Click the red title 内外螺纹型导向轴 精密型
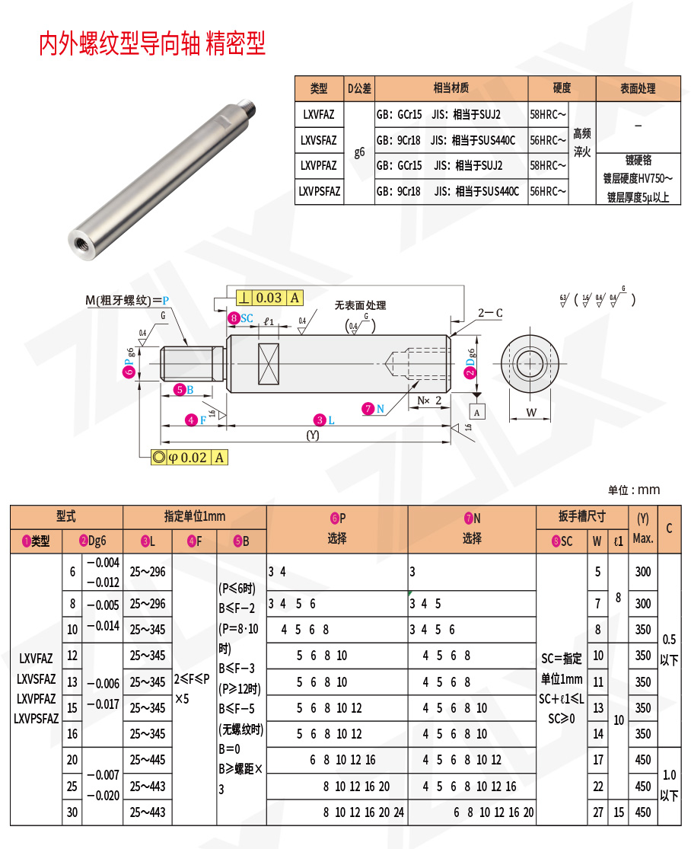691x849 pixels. [x=152, y=43]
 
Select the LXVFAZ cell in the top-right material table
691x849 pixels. [x=319, y=115]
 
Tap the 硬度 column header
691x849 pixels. [x=562, y=88]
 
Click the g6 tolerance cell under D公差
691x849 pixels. [x=359, y=152]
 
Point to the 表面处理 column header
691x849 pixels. [x=638, y=88]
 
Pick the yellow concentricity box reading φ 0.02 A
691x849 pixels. [x=189, y=457]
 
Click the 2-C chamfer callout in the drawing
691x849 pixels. [x=490, y=312]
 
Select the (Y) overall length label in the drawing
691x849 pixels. [x=312, y=436]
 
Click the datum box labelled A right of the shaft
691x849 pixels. [x=477, y=412]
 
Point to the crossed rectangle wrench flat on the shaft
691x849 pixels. [x=269, y=365]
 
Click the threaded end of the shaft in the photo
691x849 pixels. [x=248, y=104]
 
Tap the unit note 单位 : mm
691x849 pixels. [x=634, y=490]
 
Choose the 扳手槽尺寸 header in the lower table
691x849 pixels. [x=581, y=516]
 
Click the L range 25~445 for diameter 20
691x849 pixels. [x=147, y=760]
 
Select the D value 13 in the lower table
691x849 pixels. [x=72, y=681]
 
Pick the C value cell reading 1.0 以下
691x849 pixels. [x=669, y=785]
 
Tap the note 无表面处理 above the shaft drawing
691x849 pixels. [x=360, y=305]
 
